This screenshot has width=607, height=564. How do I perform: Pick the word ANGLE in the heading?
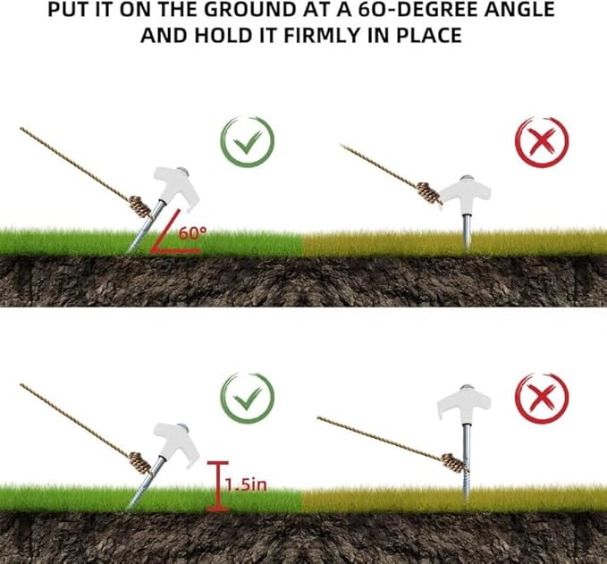pos(519,9)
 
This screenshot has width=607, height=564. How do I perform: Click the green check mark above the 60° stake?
pos(248,142)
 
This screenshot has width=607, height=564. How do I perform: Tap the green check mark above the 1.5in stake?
pos(248,398)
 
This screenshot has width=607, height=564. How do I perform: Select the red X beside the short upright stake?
pos(542,142)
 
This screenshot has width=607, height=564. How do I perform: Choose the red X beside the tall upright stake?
pos(542,399)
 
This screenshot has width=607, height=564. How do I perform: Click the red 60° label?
pos(192,233)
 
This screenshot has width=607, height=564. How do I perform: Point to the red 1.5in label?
pos(246,484)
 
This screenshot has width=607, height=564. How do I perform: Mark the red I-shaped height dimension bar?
pos(218,486)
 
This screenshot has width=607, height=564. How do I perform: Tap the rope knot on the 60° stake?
pos(140,206)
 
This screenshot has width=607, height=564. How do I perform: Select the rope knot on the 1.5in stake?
pos(140,463)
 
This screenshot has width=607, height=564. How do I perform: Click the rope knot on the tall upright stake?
pos(453,463)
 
